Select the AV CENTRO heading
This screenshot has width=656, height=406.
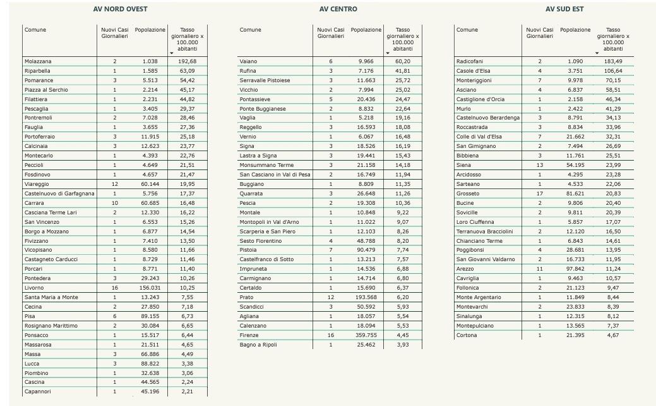(338, 9)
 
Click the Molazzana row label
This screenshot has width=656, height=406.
(38, 61)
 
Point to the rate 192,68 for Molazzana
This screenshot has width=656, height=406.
(188, 61)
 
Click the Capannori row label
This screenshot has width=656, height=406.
(38, 392)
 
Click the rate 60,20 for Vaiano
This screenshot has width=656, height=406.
(402, 61)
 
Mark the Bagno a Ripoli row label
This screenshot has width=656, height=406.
(258, 345)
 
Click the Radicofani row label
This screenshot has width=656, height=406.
(471, 61)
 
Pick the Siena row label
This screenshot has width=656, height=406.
(463, 165)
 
